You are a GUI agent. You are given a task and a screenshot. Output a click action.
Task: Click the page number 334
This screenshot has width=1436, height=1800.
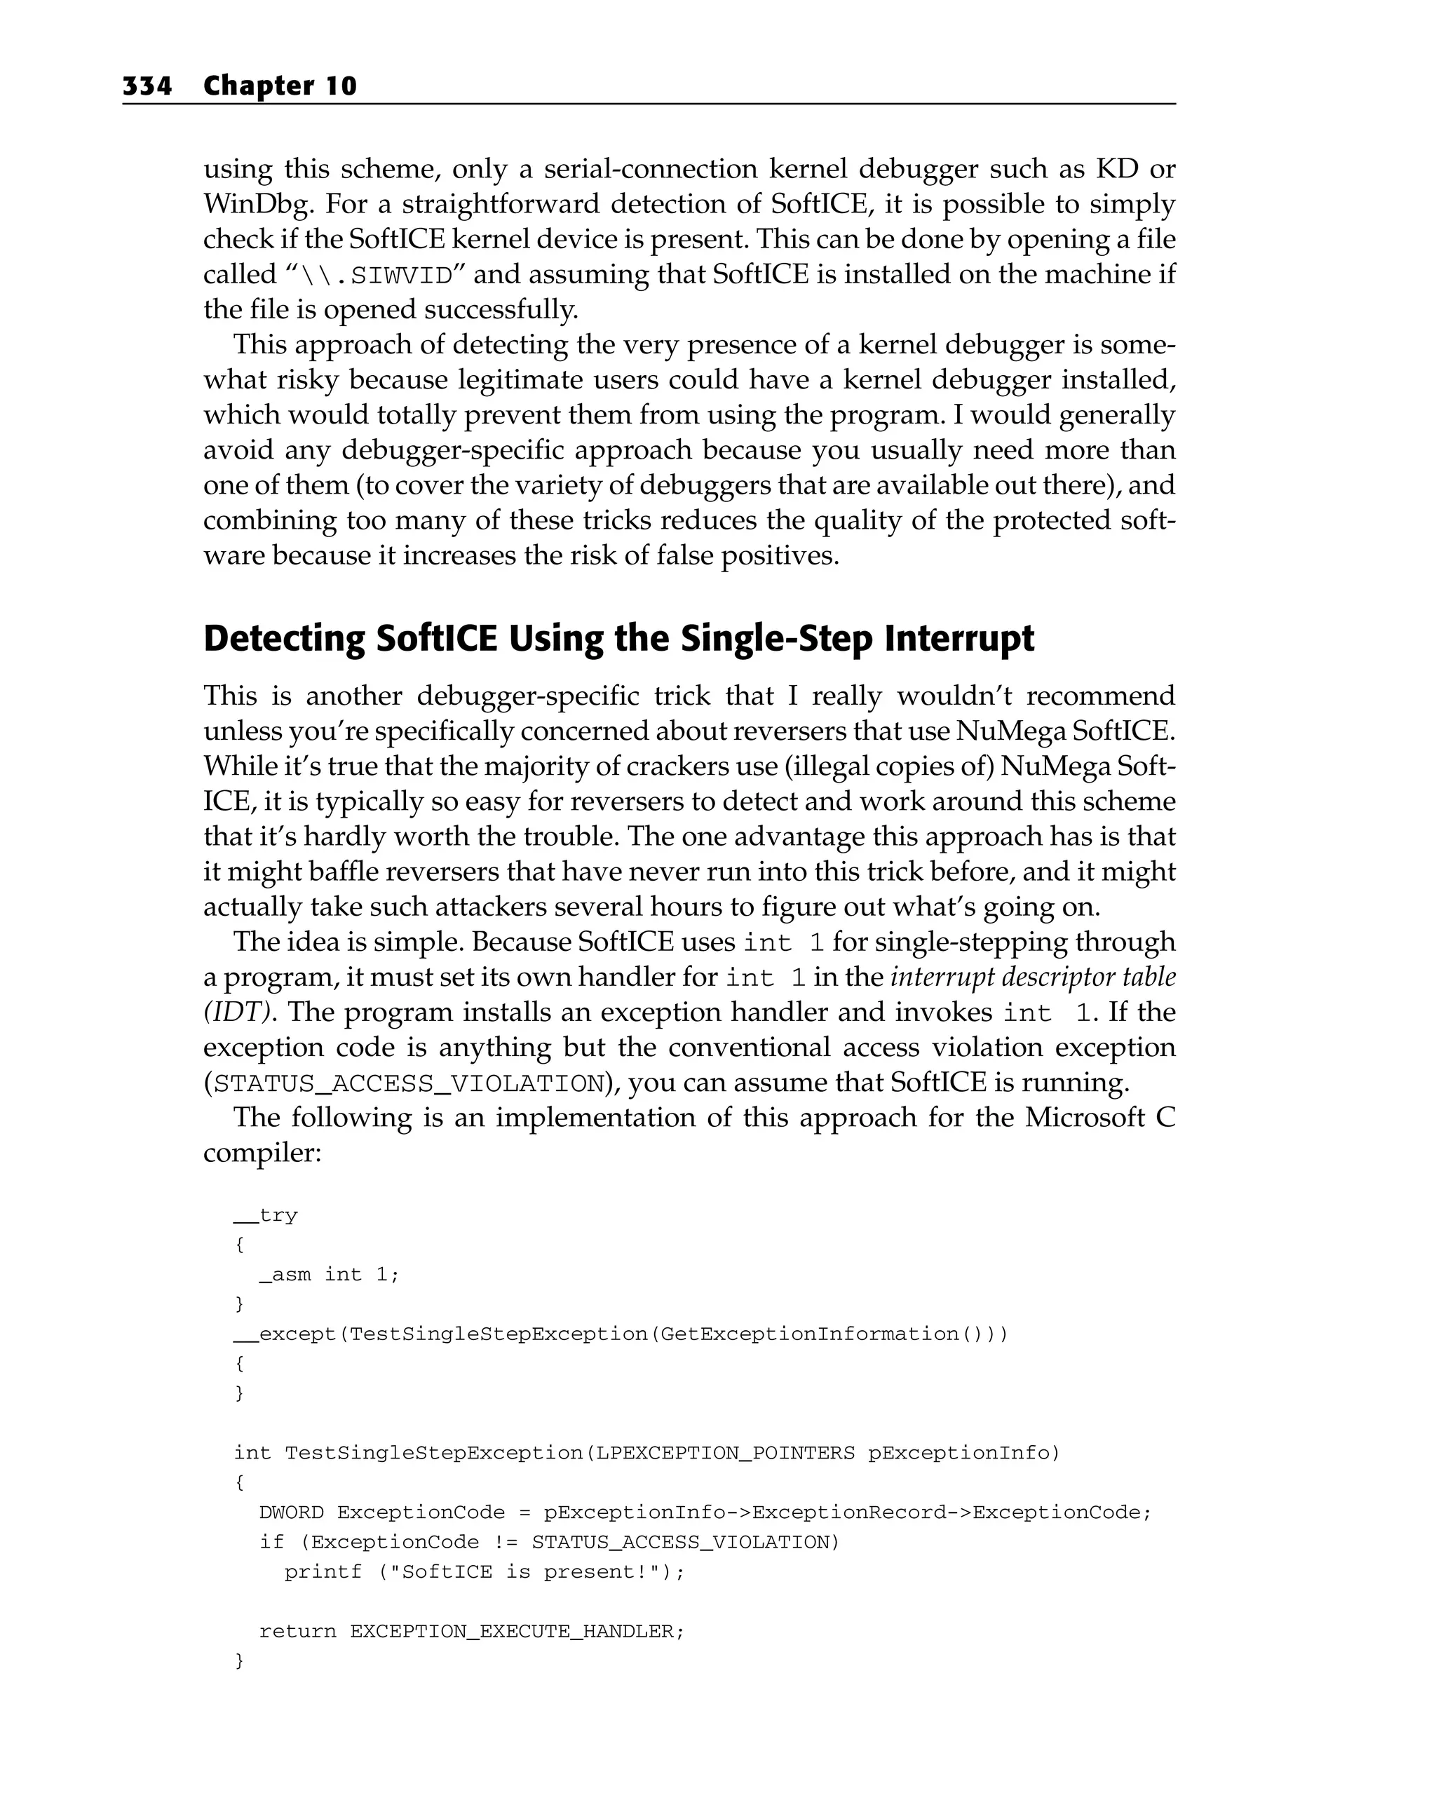tap(147, 86)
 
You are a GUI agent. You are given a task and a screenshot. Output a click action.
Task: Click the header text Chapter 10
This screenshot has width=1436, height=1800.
tap(280, 86)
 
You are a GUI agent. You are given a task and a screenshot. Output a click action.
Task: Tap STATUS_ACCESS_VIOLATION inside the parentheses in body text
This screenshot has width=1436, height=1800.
tap(409, 1083)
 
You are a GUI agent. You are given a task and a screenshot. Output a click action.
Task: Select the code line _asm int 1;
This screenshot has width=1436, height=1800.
tap(329, 1274)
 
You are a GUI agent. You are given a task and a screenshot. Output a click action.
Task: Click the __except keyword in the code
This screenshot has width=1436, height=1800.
tap(284, 1333)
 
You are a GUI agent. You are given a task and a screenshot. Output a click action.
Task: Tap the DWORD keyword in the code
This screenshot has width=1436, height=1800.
tap(292, 1512)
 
